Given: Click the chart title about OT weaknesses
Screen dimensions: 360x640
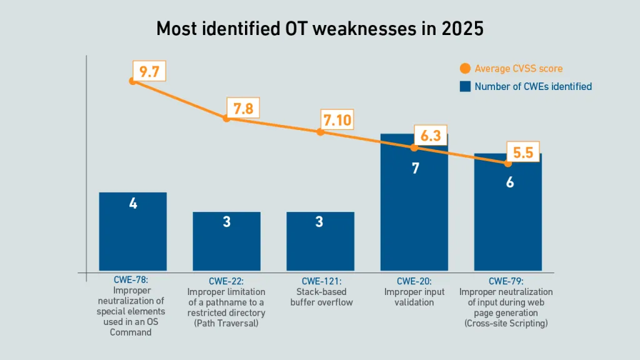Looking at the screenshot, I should [319, 29].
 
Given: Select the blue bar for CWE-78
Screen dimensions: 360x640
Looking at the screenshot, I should [132, 231].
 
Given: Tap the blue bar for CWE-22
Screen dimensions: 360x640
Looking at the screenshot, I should [226, 241].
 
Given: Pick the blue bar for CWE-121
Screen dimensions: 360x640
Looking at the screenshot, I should [320, 241].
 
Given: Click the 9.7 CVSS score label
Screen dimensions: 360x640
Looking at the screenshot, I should [149, 71].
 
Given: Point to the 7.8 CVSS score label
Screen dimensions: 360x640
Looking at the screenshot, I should [242, 109].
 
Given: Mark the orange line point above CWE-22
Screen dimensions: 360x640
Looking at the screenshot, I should [226, 118].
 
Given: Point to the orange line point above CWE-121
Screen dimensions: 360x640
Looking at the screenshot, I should [320, 132].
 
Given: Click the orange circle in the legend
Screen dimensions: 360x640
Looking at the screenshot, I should [464, 69].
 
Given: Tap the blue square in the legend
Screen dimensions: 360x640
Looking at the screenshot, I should [464, 86].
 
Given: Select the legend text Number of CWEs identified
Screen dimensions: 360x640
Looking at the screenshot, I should [532, 86].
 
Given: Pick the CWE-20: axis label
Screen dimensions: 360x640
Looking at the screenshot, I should [414, 281].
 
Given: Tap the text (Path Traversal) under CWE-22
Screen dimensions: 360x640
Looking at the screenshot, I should [226, 323].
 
